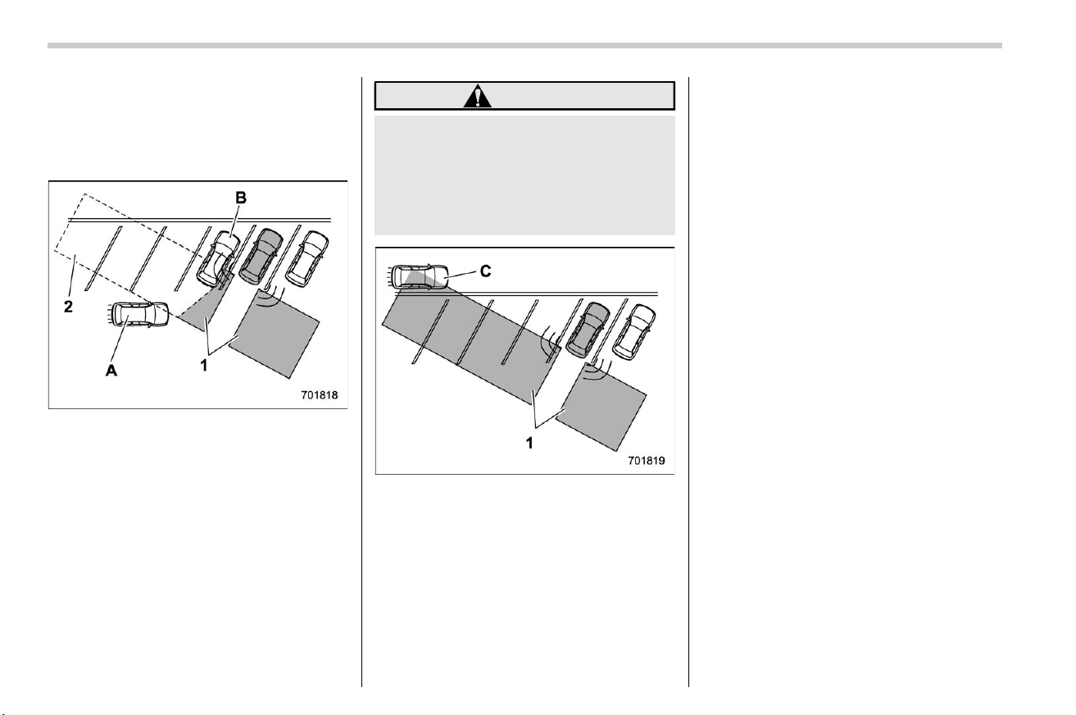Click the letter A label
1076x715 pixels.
coord(111,370)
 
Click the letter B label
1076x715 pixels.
coord(241,198)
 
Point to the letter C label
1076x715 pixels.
coord(486,271)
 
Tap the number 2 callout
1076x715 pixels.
coord(68,307)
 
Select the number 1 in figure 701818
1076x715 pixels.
coord(204,366)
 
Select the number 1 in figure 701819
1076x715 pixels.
coord(529,443)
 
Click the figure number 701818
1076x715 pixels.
coord(320,395)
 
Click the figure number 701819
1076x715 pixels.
coord(647,460)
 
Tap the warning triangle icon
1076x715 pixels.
coord(477,96)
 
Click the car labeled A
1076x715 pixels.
coord(138,315)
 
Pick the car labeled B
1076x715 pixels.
coord(218,258)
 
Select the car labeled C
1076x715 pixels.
coord(420,277)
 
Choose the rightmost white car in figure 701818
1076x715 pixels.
coord(307,259)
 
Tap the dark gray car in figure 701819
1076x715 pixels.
coord(588,330)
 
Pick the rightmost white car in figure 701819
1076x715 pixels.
coord(634,332)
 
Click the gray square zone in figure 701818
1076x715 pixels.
coord(274,334)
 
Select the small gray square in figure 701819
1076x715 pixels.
coord(601,408)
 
